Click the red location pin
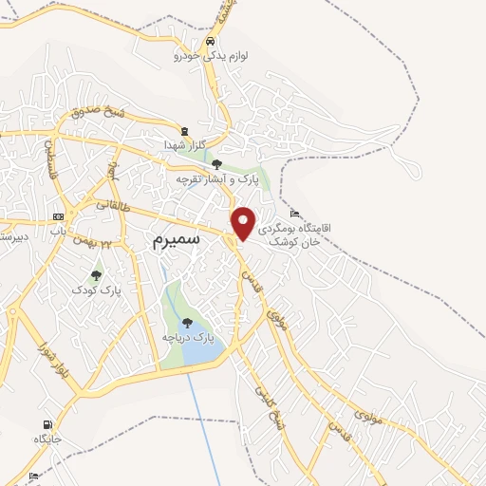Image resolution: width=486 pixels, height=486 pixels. point(244,222)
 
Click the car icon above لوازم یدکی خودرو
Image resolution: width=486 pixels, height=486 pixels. point(210,42)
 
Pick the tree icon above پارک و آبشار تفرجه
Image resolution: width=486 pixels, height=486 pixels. point(216,164)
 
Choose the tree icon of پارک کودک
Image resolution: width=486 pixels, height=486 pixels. point(95,275)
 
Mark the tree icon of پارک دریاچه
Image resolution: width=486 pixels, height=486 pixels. point(187,323)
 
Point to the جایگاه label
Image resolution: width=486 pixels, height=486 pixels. point(47,439)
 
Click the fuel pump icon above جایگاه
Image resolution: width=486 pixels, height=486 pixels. point(47,424)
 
